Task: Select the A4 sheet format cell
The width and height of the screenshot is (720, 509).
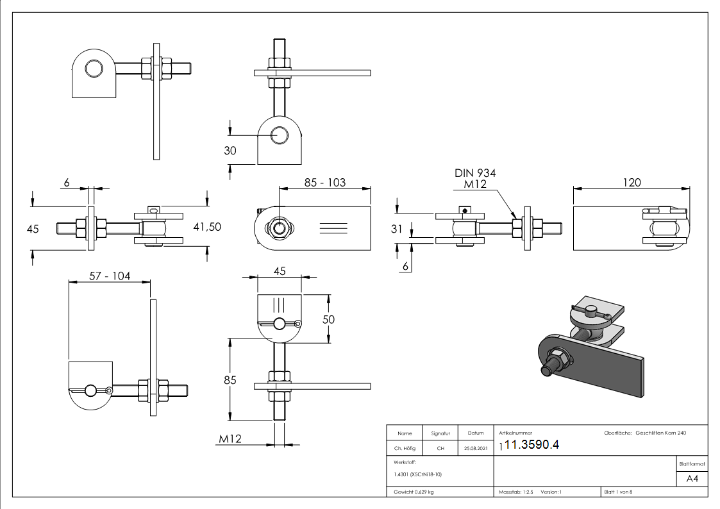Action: click(x=692, y=478)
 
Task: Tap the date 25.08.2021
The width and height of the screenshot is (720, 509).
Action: click(x=475, y=449)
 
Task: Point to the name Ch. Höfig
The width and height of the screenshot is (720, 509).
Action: click(x=404, y=449)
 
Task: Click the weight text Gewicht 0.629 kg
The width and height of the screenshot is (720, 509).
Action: click(x=414, y=492)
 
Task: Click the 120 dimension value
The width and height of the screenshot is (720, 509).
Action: click(x=632, y=183)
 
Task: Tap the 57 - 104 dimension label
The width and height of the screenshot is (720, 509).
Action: click(x=109, y=276)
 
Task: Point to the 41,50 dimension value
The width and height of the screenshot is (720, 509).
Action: click(x=206, y=226)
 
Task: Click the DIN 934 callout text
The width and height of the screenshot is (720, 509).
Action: click(x=475, y=173)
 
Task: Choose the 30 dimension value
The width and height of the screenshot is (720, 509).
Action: click(x=230, y=151)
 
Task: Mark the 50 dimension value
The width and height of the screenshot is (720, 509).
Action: click(x=328, y=319)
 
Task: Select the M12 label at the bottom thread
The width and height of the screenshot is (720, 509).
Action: click(x=230, y=439)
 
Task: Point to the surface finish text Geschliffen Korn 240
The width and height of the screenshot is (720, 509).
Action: click(x=660, y=433)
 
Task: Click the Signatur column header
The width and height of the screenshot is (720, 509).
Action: click(x=440, y=433)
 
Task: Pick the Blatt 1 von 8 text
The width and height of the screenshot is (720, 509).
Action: click(x=618, y=492)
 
